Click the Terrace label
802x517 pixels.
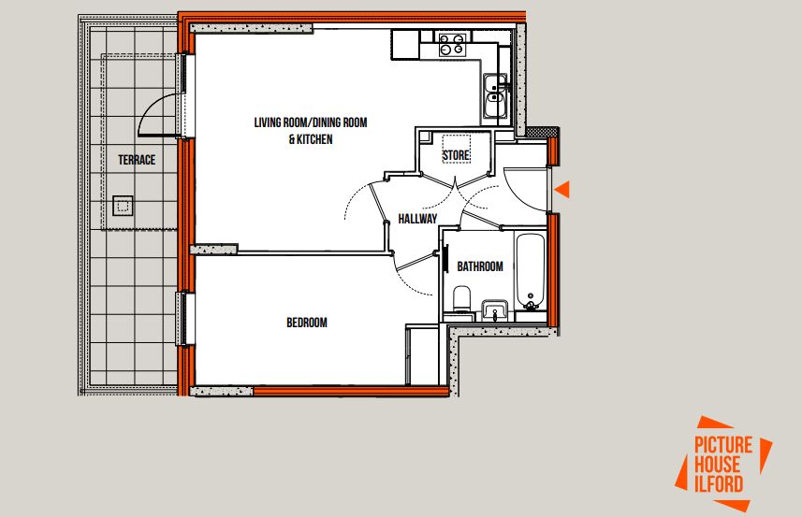pyautogui.click(x=137, y=160)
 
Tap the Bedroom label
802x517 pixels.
pyautogui.click(x=307, y=323)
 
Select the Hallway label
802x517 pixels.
pyautogui.click(x=417, y=219)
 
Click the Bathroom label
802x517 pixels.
pyautogui.click(x=480, y=266)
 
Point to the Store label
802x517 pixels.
pyautogui.click(x=456, y=155)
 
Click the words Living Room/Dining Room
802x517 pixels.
pyautogui.click(x=311, y=122)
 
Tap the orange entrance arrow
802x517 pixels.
pyautogui.click(x=562, y=190)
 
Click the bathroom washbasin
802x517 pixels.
pyautogui.click(x=494, y=309)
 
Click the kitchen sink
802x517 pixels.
pyautogui.click(x=495, y=94)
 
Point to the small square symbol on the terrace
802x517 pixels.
pyautogui.click(x=122, y=205)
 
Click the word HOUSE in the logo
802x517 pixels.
pyautogui.click(x=718, y=464)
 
